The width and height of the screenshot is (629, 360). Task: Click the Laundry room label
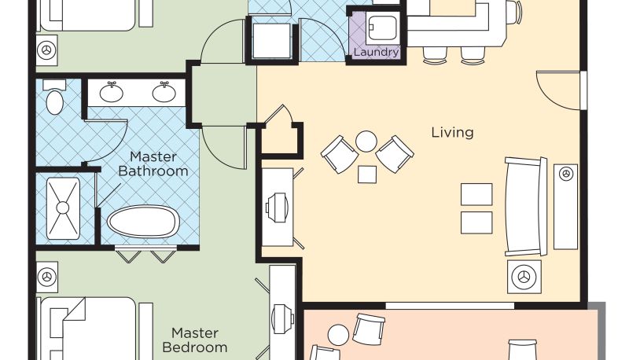coord(377,52)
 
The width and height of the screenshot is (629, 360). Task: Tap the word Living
coord(453,133)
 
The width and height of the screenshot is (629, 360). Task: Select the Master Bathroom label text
coord(153,163)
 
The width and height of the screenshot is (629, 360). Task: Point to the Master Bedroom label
coord(195,340)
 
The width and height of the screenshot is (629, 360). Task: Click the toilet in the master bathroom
coord(55,98)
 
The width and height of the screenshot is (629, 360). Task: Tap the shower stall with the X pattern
coord(63,208)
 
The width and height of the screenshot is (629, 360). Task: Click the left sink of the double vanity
coord(111,92)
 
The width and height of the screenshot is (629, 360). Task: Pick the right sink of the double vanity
coord(164,92)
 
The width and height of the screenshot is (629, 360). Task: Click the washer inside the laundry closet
coord(383,28)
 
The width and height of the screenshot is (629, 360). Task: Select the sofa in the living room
coord(525,207)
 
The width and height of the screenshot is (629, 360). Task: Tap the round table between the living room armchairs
coord(366,141)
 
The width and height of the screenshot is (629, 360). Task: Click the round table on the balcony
coord(338,335)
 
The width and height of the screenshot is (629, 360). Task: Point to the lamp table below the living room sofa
coord(524,277)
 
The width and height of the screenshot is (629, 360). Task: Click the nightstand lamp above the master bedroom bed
coord(47,277)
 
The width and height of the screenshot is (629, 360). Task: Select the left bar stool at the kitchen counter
coord(434,55)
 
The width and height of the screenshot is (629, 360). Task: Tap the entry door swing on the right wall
coord(559,91)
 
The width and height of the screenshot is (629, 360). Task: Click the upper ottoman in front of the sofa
coord(476,194)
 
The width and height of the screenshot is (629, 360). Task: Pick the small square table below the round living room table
coord(367,174)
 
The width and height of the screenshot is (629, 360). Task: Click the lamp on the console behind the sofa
coord(566,174)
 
